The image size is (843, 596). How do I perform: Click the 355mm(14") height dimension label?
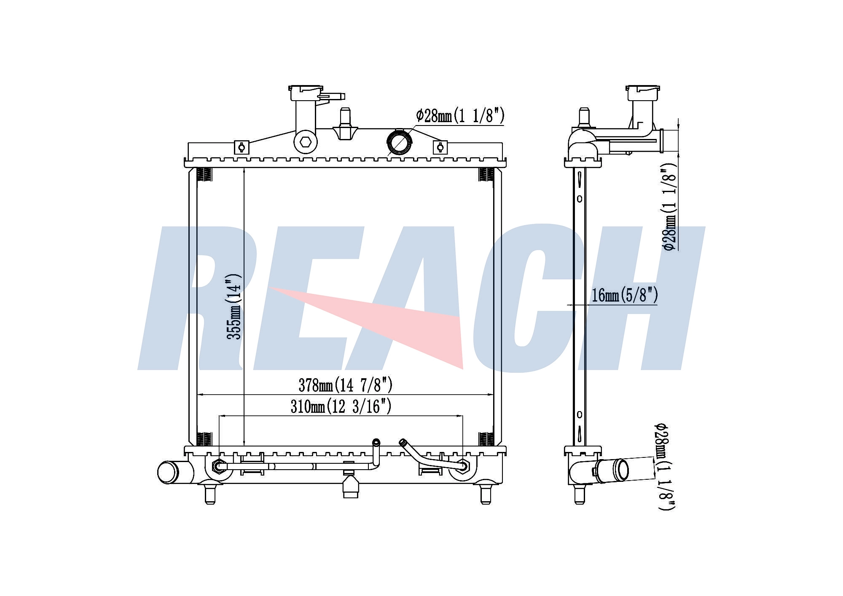click(234, 307)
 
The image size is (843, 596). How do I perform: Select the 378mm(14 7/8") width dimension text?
click(346, 385)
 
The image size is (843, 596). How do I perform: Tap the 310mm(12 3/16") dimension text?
click(341, 406)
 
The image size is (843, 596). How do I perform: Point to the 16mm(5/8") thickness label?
click(625, 295)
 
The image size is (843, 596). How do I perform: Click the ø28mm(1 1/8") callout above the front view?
click(460, 115)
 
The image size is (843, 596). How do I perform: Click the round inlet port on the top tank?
click(399, 142)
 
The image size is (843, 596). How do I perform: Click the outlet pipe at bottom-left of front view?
click(174, 472)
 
